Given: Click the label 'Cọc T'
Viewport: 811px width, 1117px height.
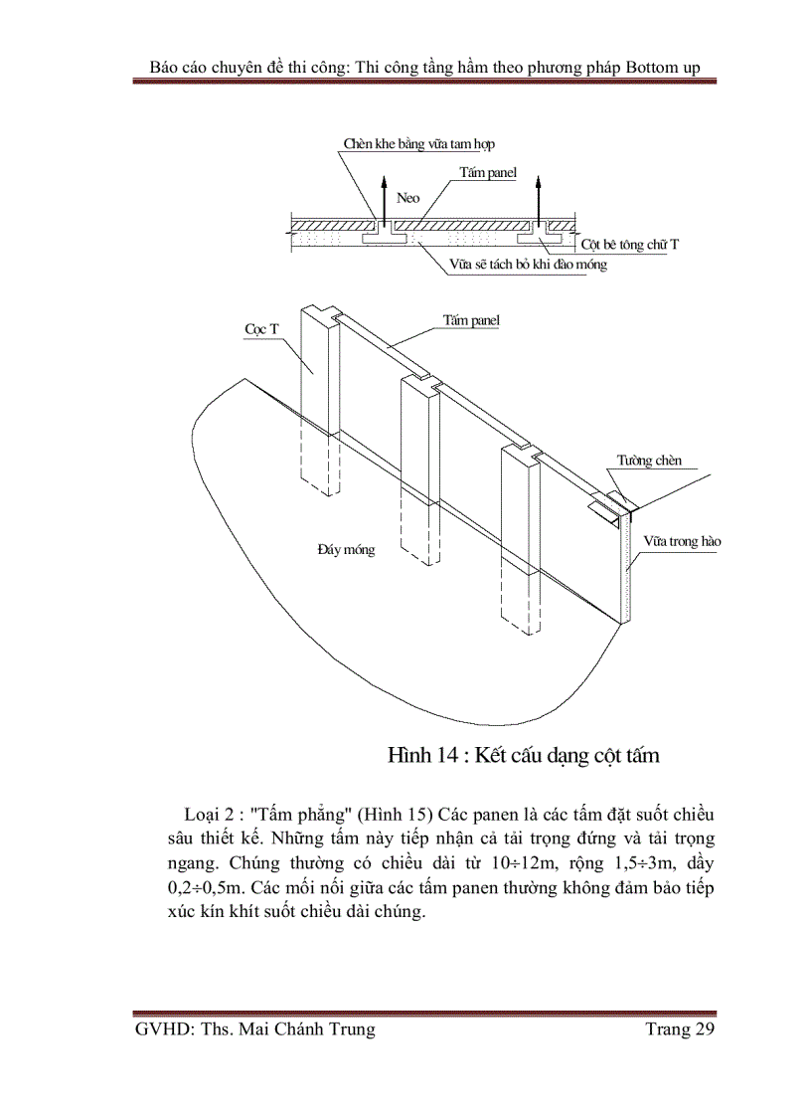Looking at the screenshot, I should coord(261,327).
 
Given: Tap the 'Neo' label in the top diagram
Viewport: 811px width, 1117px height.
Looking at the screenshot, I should coord(408,198).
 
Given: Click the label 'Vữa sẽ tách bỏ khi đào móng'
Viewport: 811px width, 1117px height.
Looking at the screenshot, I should coord(528,266).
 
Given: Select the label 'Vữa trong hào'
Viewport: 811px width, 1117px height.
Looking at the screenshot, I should coord(682,541).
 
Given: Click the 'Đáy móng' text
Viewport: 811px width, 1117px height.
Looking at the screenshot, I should coord(346,549).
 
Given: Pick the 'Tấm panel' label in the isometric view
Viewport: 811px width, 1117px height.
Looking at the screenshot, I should coord(471,320).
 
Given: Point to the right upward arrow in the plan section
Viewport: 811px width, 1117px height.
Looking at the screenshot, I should coord(538,198).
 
